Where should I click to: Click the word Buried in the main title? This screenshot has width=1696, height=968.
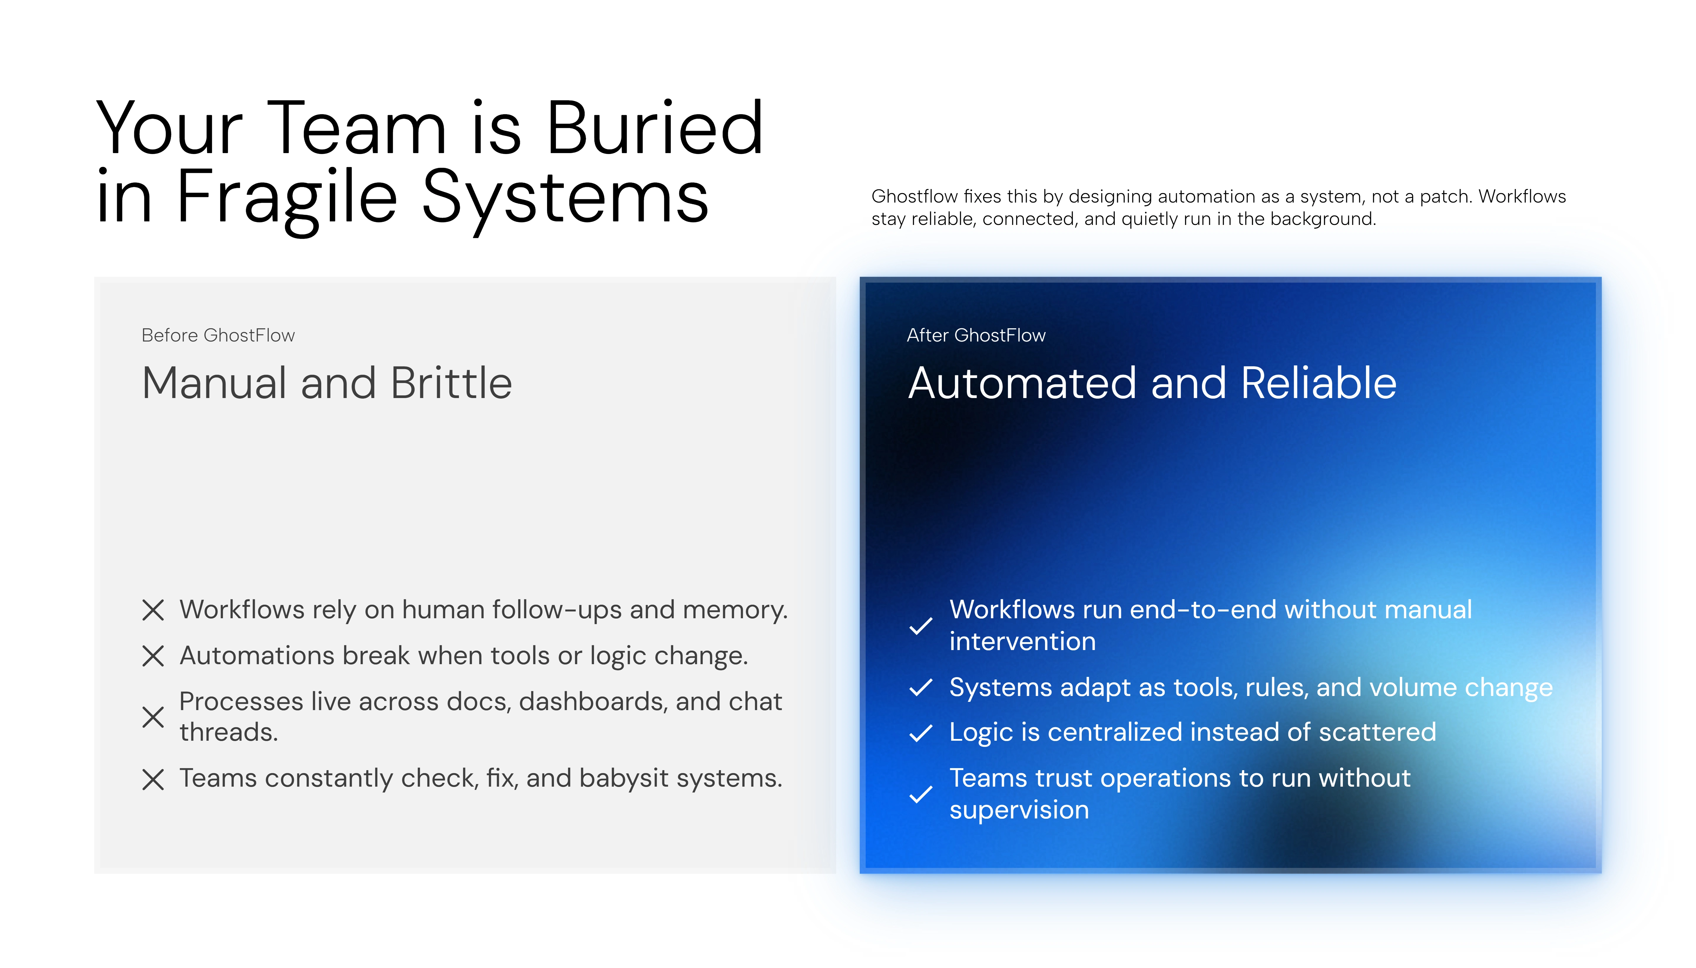tap(654, 128)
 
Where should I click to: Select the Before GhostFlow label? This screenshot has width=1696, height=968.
tap(218, 335)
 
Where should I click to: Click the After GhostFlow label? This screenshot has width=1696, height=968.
tap(976, 335)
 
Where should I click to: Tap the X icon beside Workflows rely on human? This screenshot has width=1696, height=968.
tap(153, 610)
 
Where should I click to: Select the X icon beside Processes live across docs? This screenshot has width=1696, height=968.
tap(153, 717)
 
